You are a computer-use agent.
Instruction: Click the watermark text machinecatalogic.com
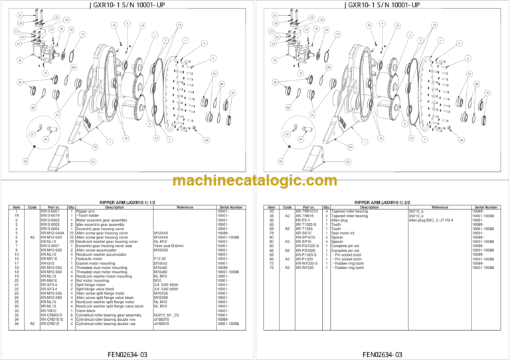click(x=254, y=181)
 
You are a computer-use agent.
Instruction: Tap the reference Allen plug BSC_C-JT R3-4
click(x=431, y=221)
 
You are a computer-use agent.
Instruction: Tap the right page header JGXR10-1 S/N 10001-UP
click(x=383, y=5)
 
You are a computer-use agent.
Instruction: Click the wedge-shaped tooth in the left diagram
click(x=54, y=143)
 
